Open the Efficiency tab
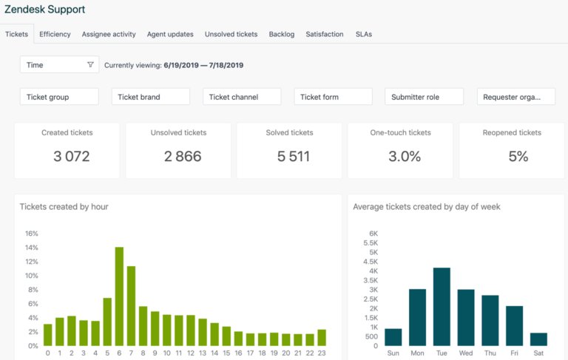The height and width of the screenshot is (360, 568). pos(55,34)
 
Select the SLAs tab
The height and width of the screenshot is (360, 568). pos(364,34)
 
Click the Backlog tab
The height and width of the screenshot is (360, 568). pos(282,34)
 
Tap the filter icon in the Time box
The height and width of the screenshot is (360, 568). pos(90,65)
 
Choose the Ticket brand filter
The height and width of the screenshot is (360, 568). pos(151,97)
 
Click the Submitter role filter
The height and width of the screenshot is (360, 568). pos(424,97)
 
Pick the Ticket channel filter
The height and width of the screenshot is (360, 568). pos(242,97)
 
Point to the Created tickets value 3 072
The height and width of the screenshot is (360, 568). pos(72,156)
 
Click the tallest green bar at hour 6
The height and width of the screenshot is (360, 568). pos(119,296)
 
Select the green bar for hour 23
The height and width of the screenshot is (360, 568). pos(322,338)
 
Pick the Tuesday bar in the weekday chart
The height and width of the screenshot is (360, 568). pos(442,307)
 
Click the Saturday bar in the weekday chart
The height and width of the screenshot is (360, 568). pos(538,339)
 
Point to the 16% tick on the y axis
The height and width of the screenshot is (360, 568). pos(32,234)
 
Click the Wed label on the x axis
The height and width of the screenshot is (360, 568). pos(466,353)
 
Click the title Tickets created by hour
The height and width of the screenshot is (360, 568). pos(64,207)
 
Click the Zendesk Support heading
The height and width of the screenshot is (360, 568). pos(44,10)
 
